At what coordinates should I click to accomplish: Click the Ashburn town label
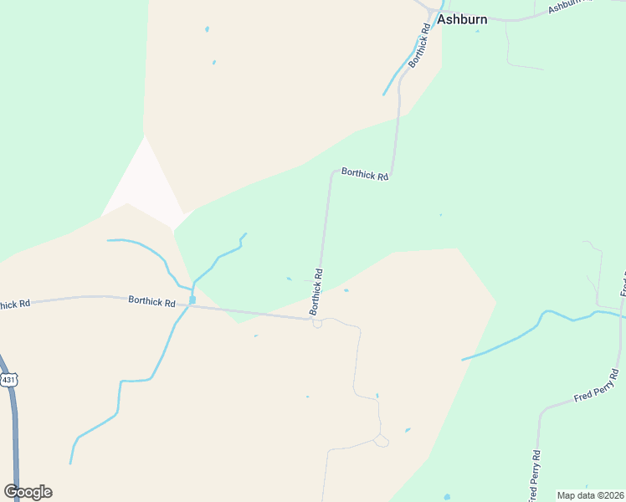(x=462, y=19)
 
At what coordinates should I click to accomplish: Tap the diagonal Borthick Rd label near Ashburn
(x=419, y=45)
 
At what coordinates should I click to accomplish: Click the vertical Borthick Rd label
(x=316, y=291)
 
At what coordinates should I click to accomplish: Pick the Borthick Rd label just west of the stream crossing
(x=152, y=301)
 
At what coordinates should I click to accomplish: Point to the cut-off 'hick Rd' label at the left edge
(x=14, y=304)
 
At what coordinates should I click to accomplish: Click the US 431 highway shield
(x=9, y=380)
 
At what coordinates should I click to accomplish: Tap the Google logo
(x=28, y=492)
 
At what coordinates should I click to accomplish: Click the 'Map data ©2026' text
(x=590, y=495)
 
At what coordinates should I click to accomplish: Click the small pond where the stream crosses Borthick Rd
(x=192, y=300)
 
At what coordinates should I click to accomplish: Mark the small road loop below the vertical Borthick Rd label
(x=317, y=324)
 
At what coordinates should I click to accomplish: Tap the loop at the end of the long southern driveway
(x=382, y=441)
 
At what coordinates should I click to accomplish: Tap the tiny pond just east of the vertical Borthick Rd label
(x=346, y=291)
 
